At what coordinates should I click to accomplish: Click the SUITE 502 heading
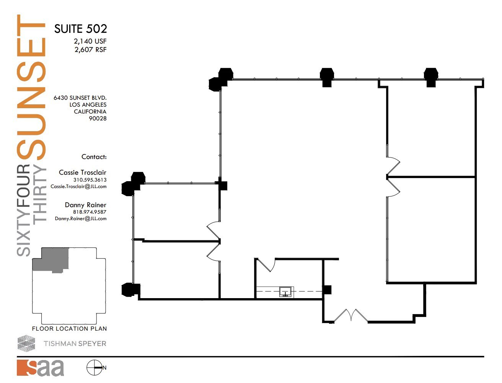tap(80, 29)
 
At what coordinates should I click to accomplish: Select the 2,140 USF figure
tap(90, 41)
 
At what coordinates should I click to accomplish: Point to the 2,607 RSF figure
tap(90, 50)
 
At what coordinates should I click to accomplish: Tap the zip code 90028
tap(98, 118)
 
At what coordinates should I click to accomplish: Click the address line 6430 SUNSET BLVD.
tap(80, 98)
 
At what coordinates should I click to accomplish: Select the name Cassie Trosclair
tap(82, 172)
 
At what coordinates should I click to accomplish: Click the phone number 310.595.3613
tap(90, 180)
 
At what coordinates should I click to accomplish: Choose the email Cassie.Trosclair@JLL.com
tap(78, 187)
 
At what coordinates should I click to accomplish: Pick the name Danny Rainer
tap(85, 205)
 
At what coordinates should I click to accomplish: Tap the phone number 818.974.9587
tap(90, 212)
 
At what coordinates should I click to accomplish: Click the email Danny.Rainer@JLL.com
tap(80, 219)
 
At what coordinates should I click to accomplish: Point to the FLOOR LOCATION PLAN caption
tap(69, 329)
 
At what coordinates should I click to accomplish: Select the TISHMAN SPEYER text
tap(75, 344)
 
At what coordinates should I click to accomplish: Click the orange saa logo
tap(40, 368)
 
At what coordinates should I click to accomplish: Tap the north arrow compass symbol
tap(94, 368)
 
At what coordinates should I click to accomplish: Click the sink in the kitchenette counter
tap(285, 292)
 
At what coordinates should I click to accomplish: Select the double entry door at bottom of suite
tap(351, 316)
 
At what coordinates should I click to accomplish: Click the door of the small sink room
tap(267, 265)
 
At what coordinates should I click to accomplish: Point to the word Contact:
tap(94, 157)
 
